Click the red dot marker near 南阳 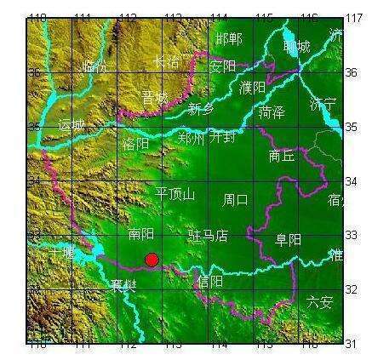tap(152, 259)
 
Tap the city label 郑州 tap(192, 137)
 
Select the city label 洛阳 tap(136, 144)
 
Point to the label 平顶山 tap(175, 194)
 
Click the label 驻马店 tap(208, 234)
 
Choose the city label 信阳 tap(209, 280)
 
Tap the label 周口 tap(236, 200)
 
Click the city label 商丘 tap(282, 156)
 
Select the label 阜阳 tap(288, 240)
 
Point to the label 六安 tap(320, 300)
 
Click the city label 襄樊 tap(123, 285)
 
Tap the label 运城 tap(72, 125)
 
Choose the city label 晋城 tap(156, 98)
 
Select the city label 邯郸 tap(229, 38)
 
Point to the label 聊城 tap(297, 48)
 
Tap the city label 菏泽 tap(272, 111)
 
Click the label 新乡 tap(202, 108)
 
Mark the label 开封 tap(224, 135)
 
